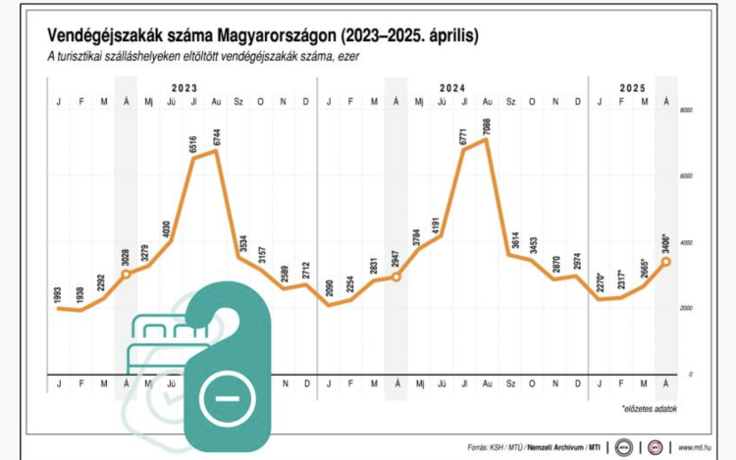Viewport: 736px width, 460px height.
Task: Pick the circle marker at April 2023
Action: point(126,274)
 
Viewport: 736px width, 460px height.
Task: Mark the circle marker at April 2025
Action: point(667,262)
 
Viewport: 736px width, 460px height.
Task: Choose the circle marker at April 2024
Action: point(396,277)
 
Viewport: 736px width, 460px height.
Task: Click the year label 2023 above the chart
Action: point(183,87)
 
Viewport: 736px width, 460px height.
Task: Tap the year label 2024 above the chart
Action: point(452,87)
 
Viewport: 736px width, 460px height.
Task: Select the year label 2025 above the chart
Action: point(633,87)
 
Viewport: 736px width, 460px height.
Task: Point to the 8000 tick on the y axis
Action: point(687,111)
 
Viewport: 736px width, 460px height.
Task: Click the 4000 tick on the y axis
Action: point(687,243)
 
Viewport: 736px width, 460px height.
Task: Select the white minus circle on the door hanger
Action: point(226,397)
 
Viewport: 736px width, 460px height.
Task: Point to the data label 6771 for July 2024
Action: point(463,132)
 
